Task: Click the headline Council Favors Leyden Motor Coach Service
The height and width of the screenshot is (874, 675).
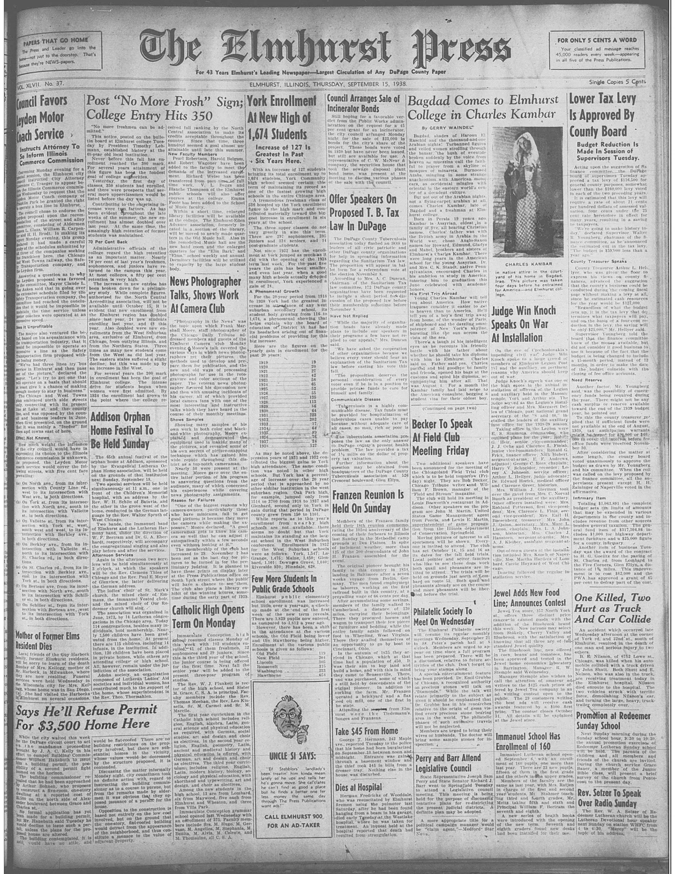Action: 43,119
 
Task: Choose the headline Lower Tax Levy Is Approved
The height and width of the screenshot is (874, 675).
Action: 601,116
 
